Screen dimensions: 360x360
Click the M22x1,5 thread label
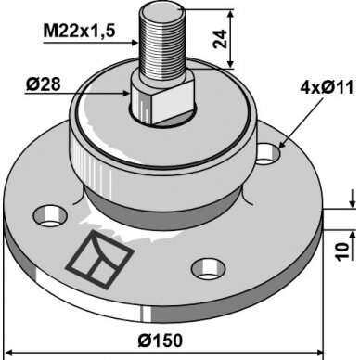click(79, 32)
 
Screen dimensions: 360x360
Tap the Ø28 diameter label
click(43, 84)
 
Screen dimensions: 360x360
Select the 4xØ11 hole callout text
click(327, 88)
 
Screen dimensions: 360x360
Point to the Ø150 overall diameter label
click(161, 341)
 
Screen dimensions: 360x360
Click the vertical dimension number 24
click(220, 39)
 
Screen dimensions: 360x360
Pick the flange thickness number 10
click(342, 251)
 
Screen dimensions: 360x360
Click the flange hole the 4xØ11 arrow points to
click(268, 154)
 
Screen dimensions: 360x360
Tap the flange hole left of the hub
click(50, 215)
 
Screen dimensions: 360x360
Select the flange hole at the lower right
click(208, 269)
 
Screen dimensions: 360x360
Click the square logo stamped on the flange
click(99, 260)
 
